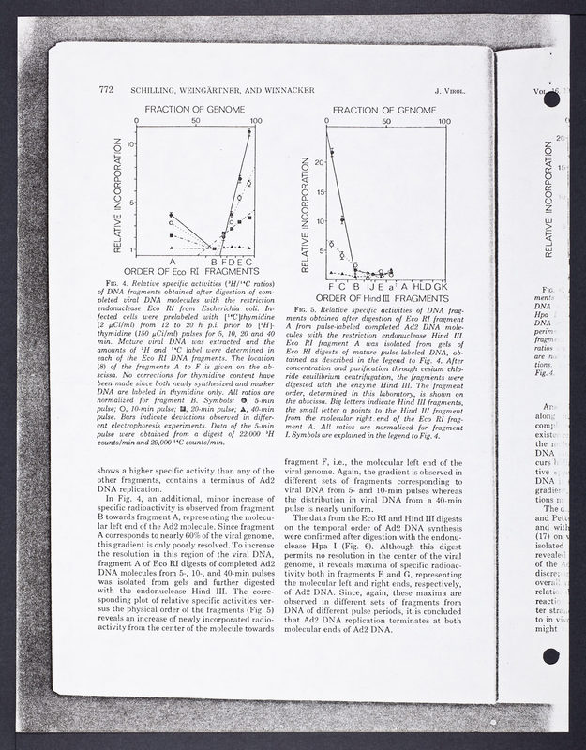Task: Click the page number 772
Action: pyautogui.click(x=105, y=90)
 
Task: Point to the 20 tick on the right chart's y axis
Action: pyautogui.click(x=318, y=161)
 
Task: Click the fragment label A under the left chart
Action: pyautogui.click(x=172, y=262)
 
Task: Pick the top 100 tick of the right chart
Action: pyautogui.click(x=445, y=120)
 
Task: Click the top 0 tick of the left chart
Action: pyautogui.click(x=138, y=121)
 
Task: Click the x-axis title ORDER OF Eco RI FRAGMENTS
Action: pyautogui.click(x=196, y=272)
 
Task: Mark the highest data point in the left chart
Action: pyautogui.click(x=248, y=132)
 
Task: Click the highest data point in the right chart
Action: pyautogui.click(x=332, y=150)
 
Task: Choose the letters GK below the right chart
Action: pyautogui.click(x=441, y=284)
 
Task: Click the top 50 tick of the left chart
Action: pyautogui.click(x=196, y=121)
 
